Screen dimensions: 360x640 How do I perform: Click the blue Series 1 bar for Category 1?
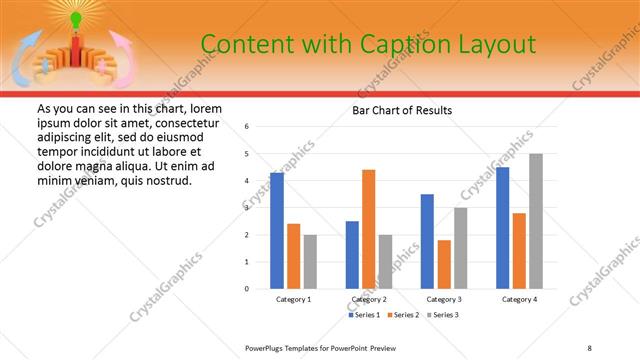pos(277,231)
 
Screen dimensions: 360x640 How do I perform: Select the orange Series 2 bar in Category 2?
pos(368,229)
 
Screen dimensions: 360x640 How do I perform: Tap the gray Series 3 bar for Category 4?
pos(536,221)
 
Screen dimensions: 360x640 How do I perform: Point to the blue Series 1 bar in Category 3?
pos(427,241)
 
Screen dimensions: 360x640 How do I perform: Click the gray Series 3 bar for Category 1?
pos(310,262)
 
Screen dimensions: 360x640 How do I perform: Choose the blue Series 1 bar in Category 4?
pos(503,228)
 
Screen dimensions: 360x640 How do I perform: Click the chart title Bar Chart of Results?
pos(403,110)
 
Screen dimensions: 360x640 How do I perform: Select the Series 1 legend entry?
pos(363,315)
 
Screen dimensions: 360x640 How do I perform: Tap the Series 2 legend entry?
pos(404,315)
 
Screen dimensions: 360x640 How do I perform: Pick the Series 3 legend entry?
pos(444,315)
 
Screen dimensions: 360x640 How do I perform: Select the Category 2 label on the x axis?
pos(369,300)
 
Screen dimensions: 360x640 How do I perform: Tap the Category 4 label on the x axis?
pos(519,300)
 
